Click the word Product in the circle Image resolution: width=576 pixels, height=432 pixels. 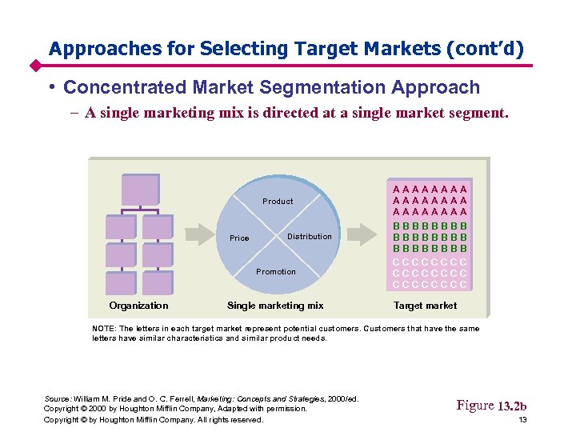(278, 202)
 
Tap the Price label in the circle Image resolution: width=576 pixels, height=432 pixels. (239, 238)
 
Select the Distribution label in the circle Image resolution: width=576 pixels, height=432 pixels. (309, 237)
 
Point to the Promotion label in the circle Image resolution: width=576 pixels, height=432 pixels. (276, 272)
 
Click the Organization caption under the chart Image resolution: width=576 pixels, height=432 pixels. (138, 306)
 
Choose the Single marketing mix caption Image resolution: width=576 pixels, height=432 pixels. (275, 306)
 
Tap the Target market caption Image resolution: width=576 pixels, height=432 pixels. (425, 306)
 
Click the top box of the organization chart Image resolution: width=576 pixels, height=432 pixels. (140, 190)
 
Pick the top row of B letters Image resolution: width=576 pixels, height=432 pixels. (430, 226)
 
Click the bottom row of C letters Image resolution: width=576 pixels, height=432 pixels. (430, 284)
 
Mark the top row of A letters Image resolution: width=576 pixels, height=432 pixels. (430, 180)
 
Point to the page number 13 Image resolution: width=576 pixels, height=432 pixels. (522, 420)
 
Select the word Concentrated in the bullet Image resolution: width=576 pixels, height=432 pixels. (126, 88)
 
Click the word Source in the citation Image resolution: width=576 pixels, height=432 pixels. (58, 398)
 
